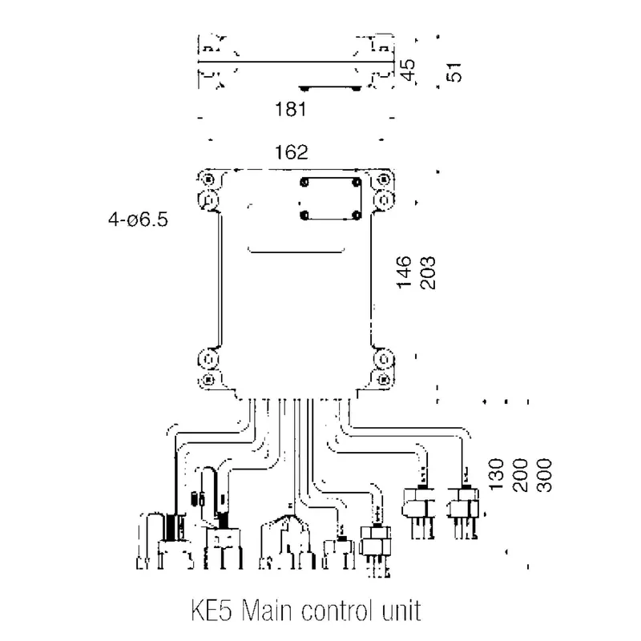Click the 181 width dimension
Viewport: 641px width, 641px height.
[x=291, y=110]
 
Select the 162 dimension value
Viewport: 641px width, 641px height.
[x=292, y=152]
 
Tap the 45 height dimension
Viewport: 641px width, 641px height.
[x=408, y=70]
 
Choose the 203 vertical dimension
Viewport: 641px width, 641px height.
[x=426, y=272]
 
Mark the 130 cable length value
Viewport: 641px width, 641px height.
[x=496, y=476]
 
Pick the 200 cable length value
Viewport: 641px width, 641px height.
[x=520, y=476]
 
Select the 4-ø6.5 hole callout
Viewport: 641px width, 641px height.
[x=141, y=217]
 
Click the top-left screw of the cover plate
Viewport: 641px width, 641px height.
[x=304, y=183]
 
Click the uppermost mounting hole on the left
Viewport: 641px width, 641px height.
[x=208, y=179]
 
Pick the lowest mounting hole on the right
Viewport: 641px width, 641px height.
[x=383, y=378]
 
